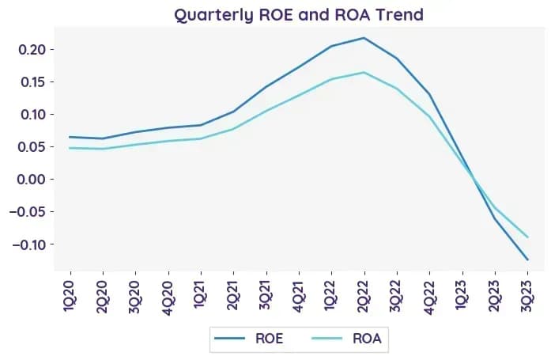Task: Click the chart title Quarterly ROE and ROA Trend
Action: (x=299, y=15)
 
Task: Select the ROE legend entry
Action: (x=249, y=339)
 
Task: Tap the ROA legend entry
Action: (x=346, y=339)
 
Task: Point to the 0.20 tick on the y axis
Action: (x=32, y=49)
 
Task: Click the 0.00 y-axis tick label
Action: (x=32, y=180)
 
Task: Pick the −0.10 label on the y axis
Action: (x=29, y=244)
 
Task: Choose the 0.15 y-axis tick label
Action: (x=33, y=82)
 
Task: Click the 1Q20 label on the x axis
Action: (x=70, y=296)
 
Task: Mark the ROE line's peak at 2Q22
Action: (x=364, y=38)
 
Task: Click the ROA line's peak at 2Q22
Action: (x=364, y=73)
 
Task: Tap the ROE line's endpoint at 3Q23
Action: (x=527, y=260)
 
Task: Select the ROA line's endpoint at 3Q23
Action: (x=527, y=237)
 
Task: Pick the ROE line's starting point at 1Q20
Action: (x=70, y=137)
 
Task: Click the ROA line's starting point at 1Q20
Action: (x=70, y=148)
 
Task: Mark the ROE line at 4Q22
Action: (x=429, y=94)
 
